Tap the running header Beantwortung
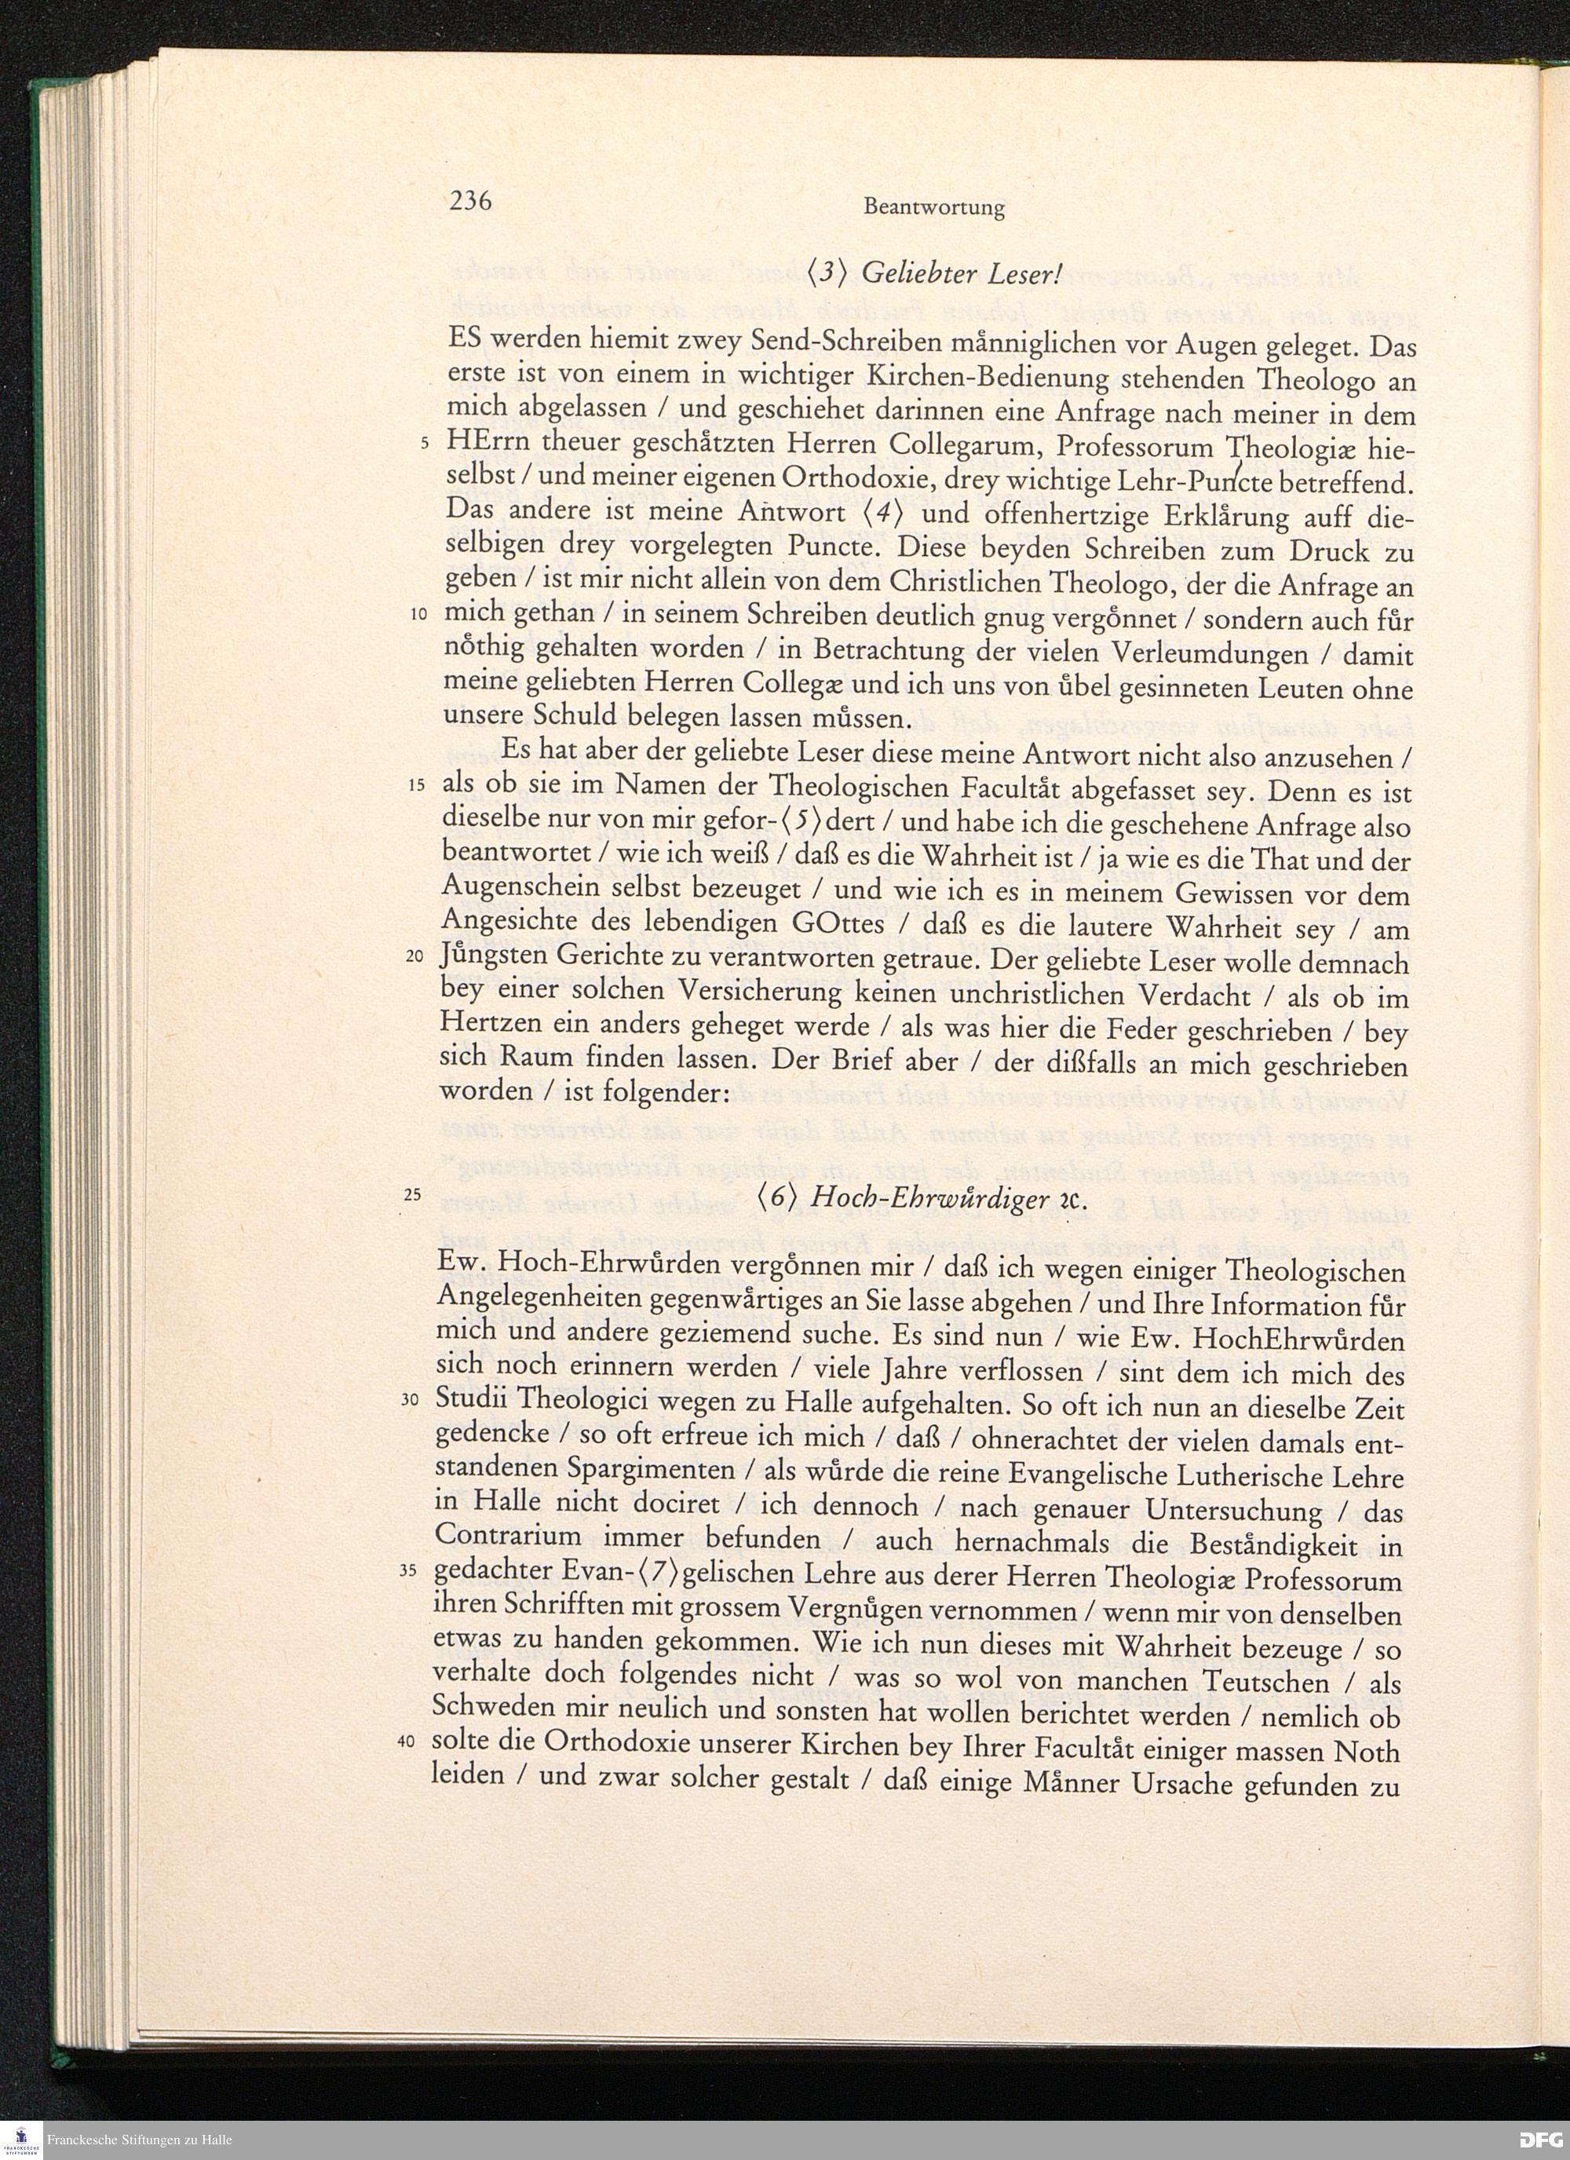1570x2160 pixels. (934, 207)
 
